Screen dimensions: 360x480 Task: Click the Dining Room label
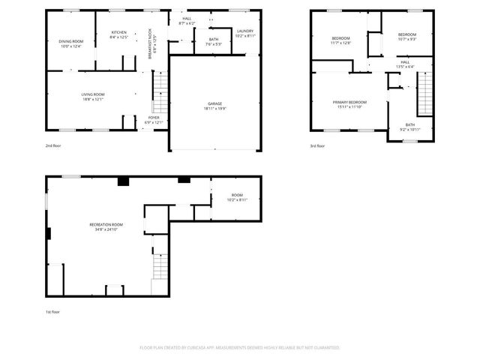point(72,40)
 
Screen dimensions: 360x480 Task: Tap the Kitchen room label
point(119,33)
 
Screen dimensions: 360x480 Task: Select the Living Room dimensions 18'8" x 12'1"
point(92,99)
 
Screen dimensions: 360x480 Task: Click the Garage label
point(215,103)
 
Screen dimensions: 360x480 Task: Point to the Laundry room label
point(245,31)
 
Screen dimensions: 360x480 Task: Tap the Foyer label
point(153,118)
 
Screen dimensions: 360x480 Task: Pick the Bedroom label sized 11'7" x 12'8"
point(340,39)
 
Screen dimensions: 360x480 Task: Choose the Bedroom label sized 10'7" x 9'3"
point(406,34)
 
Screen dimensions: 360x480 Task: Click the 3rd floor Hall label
point(404,61)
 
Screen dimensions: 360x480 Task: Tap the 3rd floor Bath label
point(409,124)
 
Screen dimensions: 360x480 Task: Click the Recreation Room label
point(106,224)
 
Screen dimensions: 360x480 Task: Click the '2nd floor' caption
point(54,145)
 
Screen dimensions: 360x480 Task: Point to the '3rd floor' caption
point(318,145)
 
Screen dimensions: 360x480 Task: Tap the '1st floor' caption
point(53,310)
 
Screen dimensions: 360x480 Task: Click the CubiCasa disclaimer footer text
point(239,348)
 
